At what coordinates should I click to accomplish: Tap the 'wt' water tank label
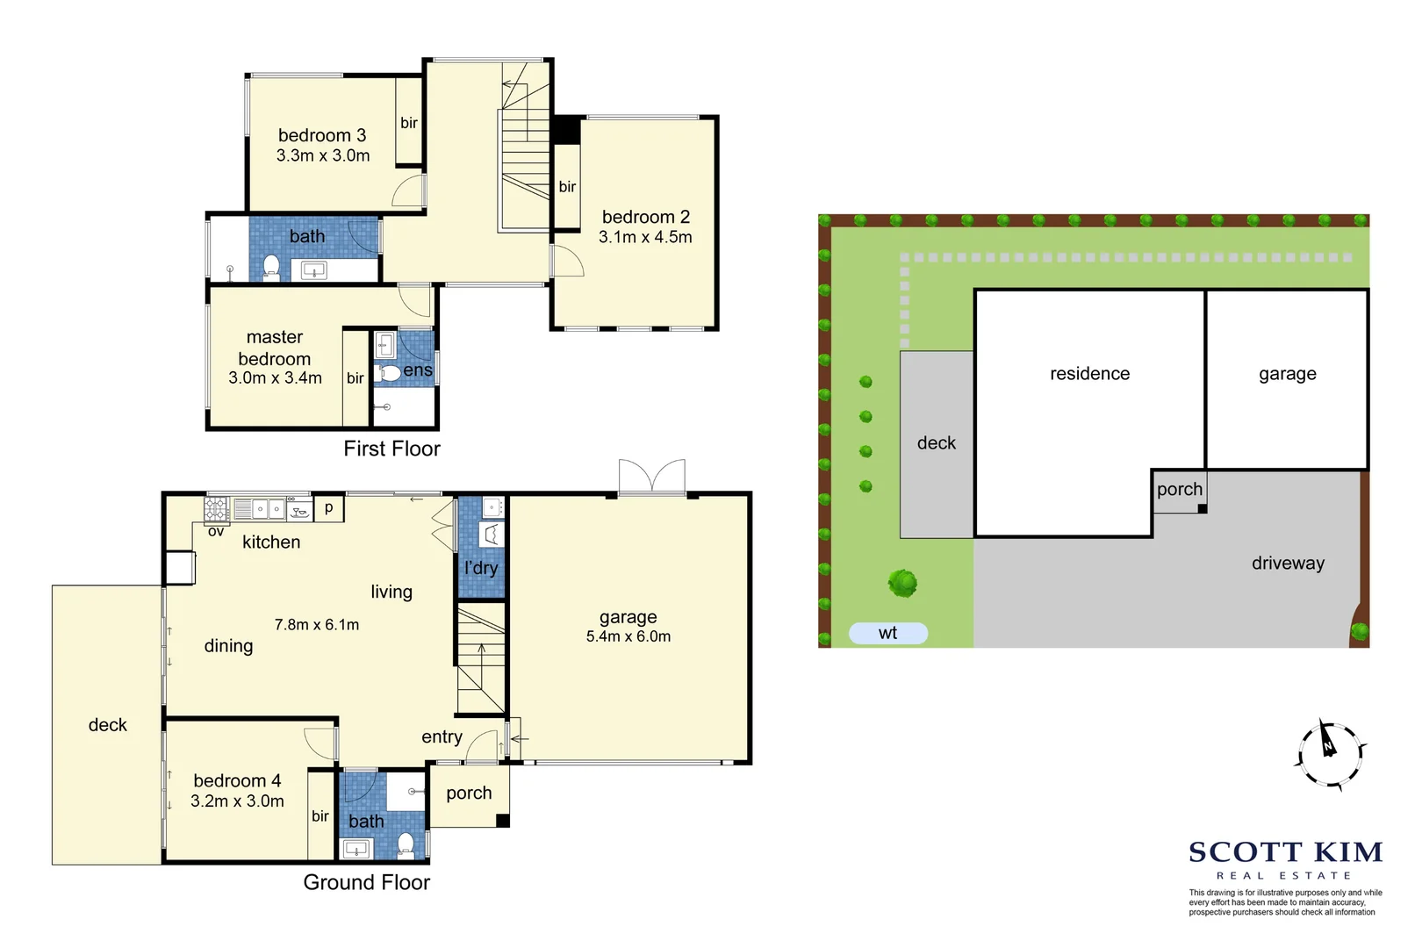tap(887, 633)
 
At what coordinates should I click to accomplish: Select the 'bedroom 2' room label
tap(645, 217)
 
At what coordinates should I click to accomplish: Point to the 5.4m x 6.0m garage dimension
tap(628, 636)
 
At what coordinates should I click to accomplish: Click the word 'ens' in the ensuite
tap(418, 370)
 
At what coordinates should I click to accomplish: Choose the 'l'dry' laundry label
tap(481, 568)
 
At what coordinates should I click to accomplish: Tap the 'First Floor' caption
tap(391, 449)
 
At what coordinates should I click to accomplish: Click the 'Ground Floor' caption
tap(366, 882)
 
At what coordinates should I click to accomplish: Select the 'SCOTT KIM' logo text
tap(1285, 852)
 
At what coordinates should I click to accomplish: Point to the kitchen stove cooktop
tap(216, 509)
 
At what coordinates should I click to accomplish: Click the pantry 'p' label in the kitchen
tap(329, 507)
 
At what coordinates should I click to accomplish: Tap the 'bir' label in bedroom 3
tap(409, 123)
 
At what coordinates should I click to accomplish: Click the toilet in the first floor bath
tap(271, 265)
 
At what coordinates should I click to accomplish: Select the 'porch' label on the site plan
tap(1179, 489)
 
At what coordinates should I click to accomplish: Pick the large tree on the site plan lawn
tap(902, 582)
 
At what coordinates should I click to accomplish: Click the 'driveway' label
tap(1288, 563)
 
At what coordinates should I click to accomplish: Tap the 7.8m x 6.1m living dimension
tap(317, 625)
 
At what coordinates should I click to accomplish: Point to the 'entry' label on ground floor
tap(442, 736)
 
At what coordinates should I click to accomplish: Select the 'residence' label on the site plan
tap(1089, 374)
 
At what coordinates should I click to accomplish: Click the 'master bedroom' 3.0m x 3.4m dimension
tap(275, 377)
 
